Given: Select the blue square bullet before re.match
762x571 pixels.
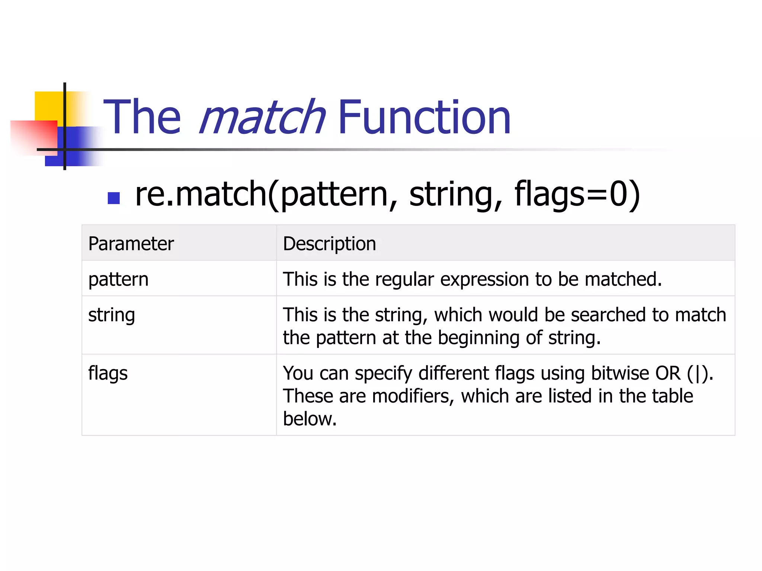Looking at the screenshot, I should [113, 198].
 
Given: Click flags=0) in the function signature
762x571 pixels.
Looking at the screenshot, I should [577, 194].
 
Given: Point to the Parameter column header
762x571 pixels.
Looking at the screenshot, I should [131, 244].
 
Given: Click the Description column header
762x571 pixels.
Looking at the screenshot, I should [329, 244].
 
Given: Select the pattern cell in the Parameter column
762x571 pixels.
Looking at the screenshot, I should [118, 279].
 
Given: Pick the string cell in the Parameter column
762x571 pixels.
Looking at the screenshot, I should [112, 315].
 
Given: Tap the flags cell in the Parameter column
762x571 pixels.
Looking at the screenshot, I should [108, 373].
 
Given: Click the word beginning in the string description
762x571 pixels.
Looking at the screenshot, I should [478, 338].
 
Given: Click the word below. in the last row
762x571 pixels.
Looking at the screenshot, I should [310, 419].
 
